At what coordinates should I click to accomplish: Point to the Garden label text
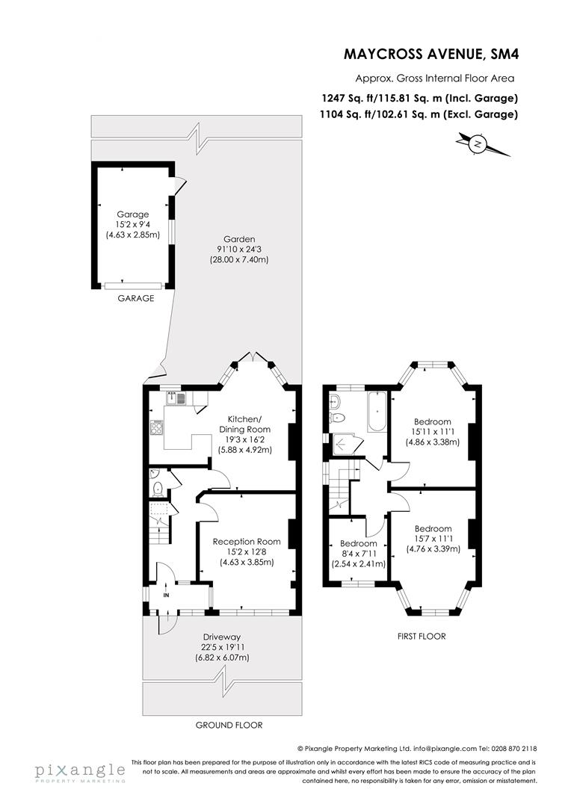tap(238, 240)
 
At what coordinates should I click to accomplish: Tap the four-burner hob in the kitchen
tap(158, 428)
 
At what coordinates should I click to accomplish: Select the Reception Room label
tap(247, 551)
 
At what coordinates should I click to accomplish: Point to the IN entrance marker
tap(167, 596)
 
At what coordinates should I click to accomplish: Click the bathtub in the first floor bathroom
tap(376, 412)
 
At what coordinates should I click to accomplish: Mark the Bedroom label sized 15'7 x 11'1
tap(433, 538)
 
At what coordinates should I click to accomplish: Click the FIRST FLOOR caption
tap(421, 637)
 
